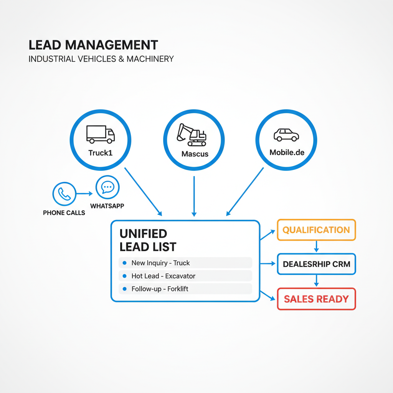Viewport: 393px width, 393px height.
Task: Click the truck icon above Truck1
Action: [101, 134]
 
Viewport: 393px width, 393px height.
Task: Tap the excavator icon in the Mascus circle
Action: [191, 135]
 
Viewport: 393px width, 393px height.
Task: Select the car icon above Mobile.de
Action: [286, 135]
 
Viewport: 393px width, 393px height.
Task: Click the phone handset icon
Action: [64, 194]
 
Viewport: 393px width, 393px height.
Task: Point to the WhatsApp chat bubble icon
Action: [107, 187]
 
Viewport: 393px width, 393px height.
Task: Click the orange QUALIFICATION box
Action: [316, 230]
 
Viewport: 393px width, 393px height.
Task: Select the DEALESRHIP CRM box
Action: [316, 264]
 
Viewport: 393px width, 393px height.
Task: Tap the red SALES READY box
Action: [316, 299]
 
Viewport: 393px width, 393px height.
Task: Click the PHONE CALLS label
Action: [64, 213]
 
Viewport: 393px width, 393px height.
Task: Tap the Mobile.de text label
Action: [287, 152]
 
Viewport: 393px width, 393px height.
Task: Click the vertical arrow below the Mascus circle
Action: [194, 196]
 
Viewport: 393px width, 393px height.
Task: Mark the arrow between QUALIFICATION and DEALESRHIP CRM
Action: [316, 247]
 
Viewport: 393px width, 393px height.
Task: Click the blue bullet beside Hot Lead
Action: [124, 276]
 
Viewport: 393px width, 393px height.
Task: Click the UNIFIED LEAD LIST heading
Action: [148, 240]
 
